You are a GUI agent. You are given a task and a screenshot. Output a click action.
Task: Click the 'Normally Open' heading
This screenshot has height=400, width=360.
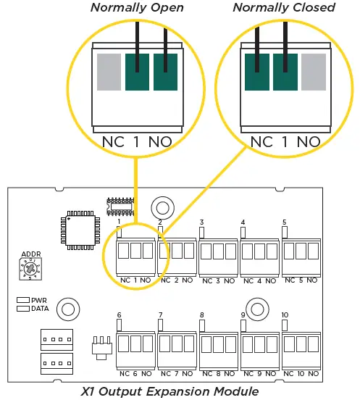click(x=137, y=8)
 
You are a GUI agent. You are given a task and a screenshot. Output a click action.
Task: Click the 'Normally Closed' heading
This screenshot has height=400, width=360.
click(x=284, y=8)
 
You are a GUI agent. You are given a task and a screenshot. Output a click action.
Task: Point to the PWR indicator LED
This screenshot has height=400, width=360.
click(x=22, y=299)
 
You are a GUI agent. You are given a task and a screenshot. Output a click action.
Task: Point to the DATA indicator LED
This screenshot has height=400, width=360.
click(x=22, y=308)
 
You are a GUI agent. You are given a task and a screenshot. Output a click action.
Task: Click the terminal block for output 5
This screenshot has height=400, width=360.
click(x=299, y=251)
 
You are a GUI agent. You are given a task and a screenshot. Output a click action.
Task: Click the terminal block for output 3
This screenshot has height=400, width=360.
click(x=217, y=251)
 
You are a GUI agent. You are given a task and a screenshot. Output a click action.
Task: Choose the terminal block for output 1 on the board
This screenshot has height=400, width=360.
click(x=135, y=251)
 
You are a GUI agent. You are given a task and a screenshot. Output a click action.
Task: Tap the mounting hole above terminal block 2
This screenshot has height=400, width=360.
click(x=163, y=208)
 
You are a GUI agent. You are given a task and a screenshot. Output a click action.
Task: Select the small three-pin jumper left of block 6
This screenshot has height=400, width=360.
click(x=102, y=346)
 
